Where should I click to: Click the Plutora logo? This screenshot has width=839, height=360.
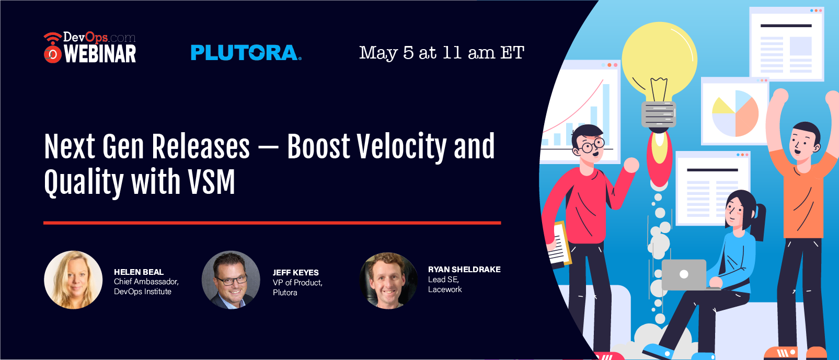(246, 53)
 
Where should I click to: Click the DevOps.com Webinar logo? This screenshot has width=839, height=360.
(90, 48)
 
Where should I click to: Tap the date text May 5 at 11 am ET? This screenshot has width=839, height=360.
(442, 53)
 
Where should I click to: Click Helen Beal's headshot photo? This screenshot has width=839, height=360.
(73, 280)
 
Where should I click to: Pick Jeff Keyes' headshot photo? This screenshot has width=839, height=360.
(231, 280)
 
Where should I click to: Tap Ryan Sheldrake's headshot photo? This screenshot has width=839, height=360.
(388, 281)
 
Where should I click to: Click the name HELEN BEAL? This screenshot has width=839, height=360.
(139, 272)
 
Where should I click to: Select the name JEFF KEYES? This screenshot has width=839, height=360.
(295, 272)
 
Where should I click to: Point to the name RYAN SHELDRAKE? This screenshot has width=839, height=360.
(464, 270)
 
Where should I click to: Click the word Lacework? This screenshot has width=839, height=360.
(445, 289)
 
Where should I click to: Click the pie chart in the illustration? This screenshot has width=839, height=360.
(735, 113)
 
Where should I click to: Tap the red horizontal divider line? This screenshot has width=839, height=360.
(272, 223)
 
